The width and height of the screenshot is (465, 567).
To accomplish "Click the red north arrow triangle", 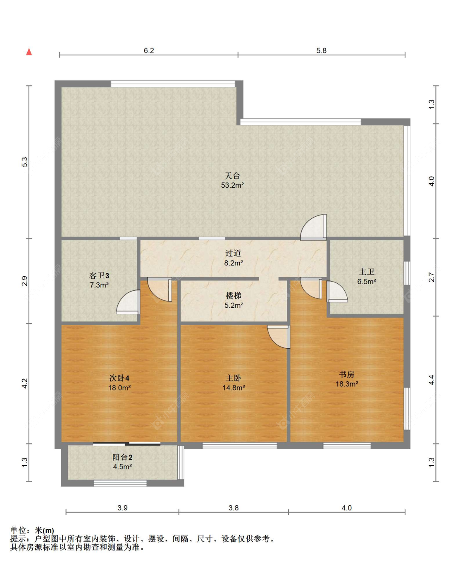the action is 29,52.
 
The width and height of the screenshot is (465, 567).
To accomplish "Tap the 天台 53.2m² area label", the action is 232,180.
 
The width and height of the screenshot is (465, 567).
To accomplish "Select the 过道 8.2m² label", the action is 233,258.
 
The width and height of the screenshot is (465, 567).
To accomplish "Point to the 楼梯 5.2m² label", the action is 234,300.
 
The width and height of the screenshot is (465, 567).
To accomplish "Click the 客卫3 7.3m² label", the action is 99,280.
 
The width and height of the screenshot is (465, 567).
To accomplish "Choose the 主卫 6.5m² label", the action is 366,276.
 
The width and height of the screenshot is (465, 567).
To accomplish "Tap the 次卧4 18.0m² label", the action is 119,383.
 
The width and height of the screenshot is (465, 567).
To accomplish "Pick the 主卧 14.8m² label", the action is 234,383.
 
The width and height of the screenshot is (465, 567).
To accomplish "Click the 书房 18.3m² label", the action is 346,379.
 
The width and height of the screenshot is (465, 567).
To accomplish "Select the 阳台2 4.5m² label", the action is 122,462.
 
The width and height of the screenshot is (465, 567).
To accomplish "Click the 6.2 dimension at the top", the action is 149,50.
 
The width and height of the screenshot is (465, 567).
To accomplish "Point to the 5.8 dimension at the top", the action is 321,50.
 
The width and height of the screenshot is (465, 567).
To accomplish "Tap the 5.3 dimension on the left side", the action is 25,162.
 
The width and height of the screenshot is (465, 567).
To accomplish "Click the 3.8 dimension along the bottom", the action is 234,508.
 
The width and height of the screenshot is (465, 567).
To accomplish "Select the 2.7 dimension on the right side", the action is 432,277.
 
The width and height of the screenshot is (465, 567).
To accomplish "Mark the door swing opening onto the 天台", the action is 313,227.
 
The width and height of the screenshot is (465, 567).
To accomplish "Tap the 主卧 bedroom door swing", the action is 279,337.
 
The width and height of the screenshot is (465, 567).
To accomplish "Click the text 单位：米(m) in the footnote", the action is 32,531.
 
